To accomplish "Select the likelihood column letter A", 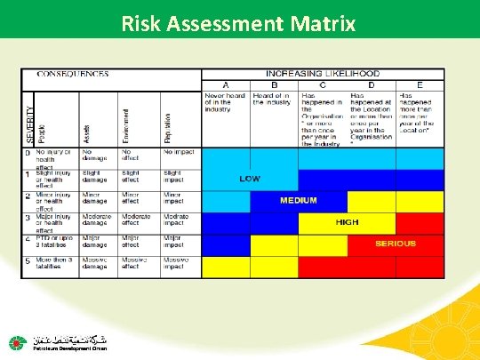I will (x=225, y=84).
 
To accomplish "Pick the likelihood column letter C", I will (x=322, y=84).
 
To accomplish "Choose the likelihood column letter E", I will (x=420, y=84).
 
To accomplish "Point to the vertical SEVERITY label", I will (x=29, y=122).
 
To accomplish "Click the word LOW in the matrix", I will (x=251, y=178).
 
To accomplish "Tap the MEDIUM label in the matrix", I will (x=299, y=200).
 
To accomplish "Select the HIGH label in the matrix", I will (x=347, y=221).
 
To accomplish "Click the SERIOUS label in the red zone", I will (x=395, y=243).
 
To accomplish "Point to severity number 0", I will (x=28, y=152).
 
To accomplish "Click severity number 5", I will (x=28, y=260).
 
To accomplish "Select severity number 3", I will (x=28, y=217).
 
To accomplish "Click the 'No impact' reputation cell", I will (x=179, y=152).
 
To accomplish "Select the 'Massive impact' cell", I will (x=179, y=264).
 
